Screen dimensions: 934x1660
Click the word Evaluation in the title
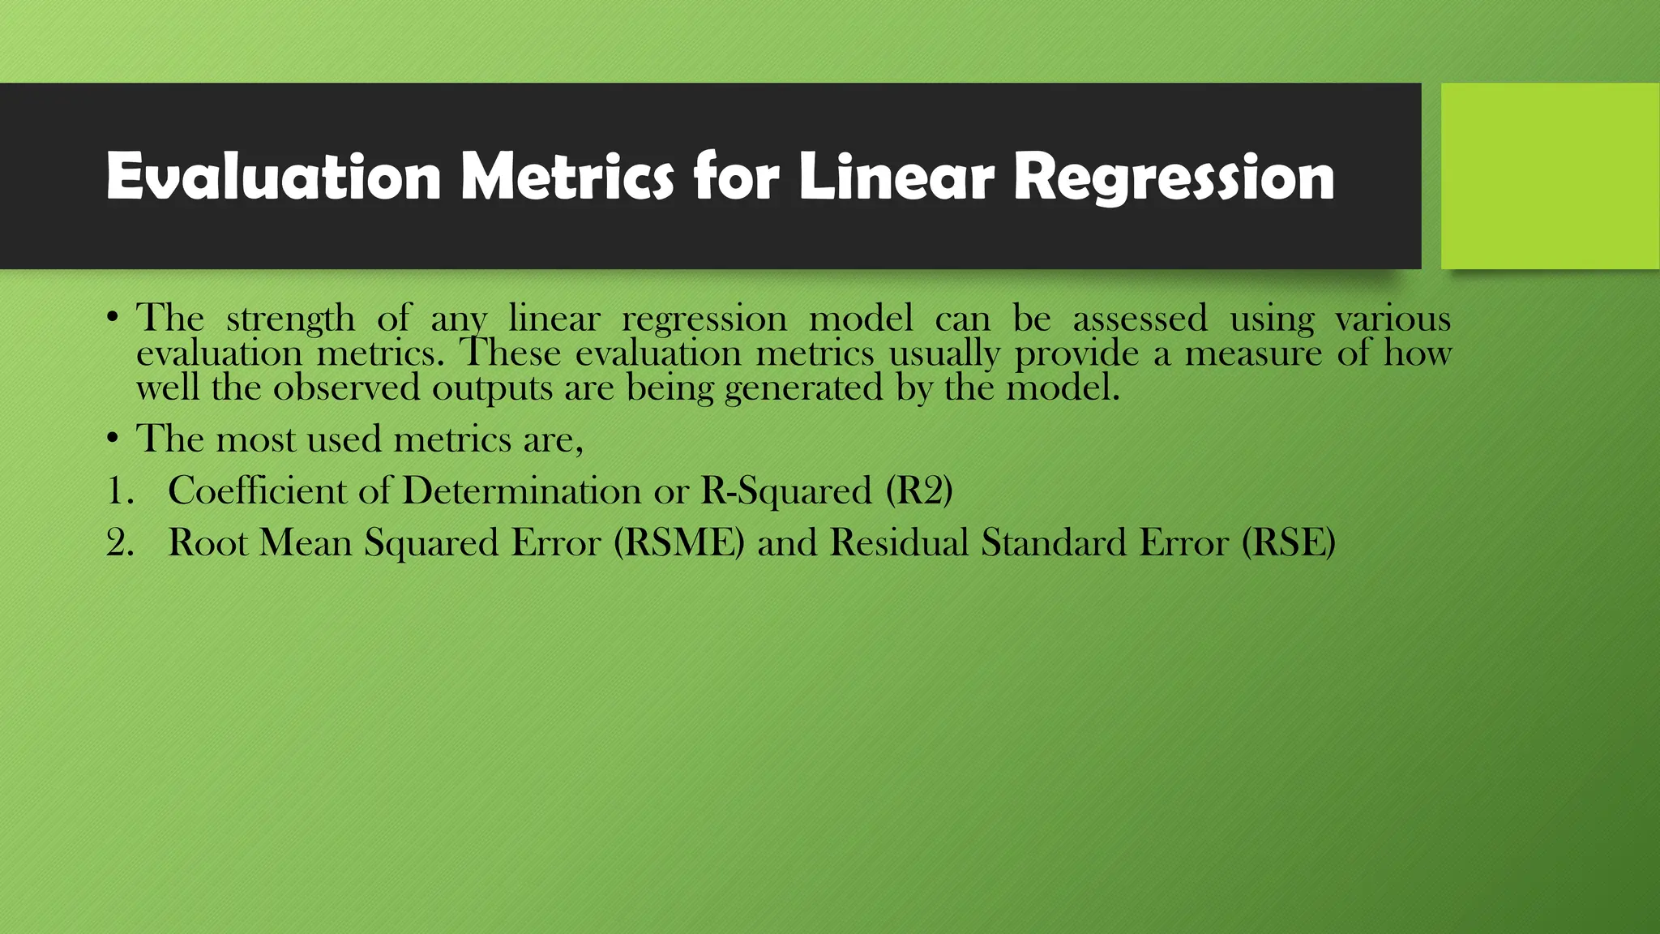click(273, 177)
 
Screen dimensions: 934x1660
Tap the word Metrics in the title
click(567, 177)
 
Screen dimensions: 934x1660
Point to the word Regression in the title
click(1174, 178)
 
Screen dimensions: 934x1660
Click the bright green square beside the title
click(1550, 176)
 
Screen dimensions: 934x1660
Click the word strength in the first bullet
click(290, 319)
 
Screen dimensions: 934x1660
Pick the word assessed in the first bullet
click(1140, 318)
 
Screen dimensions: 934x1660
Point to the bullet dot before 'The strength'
click(113, 317)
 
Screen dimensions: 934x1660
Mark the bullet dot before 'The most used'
click(113, 439)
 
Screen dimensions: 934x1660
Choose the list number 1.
click(119, 491)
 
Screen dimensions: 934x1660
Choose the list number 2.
click(119, 543)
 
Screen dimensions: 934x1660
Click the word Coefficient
click(257, 491)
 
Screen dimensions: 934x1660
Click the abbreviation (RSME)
click(678, 543)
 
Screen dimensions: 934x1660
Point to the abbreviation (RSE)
click(1288, 543)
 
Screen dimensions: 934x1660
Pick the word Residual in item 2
click(899, 542)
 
